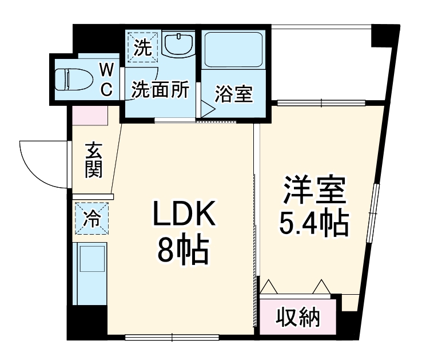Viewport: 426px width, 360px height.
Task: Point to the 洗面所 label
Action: pos(161,90)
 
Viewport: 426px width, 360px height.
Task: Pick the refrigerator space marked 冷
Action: pos(91,219)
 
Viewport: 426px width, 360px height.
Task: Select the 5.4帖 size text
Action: pos(314,224)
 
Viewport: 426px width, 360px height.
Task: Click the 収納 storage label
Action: pos(298,316)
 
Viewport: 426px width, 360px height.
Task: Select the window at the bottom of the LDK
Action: pos(172,337)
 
